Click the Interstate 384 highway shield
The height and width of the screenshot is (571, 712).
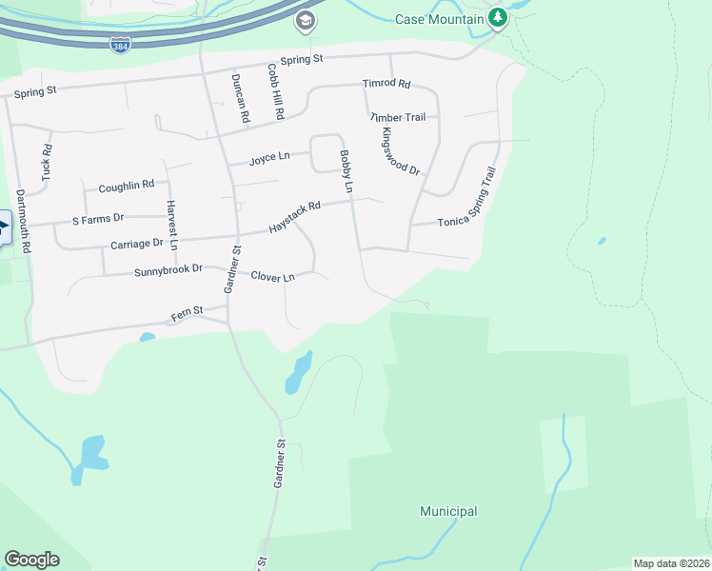120,45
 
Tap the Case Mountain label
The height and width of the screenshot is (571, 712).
438,18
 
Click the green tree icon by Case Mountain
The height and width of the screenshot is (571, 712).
497,18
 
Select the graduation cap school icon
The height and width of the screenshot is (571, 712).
305,21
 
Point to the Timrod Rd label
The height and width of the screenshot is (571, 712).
386,84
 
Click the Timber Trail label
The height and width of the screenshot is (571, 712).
397,117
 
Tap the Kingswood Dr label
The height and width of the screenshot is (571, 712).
400,150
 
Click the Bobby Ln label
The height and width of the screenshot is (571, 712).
347,172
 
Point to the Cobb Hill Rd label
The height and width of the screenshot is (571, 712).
275,91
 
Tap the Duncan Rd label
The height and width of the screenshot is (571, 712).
242,99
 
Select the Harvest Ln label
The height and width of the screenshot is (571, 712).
172,225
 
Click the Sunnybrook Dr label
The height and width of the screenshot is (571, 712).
168,269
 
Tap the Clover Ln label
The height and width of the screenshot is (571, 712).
273,276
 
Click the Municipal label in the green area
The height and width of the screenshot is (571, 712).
448,511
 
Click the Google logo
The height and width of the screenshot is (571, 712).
31,560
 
